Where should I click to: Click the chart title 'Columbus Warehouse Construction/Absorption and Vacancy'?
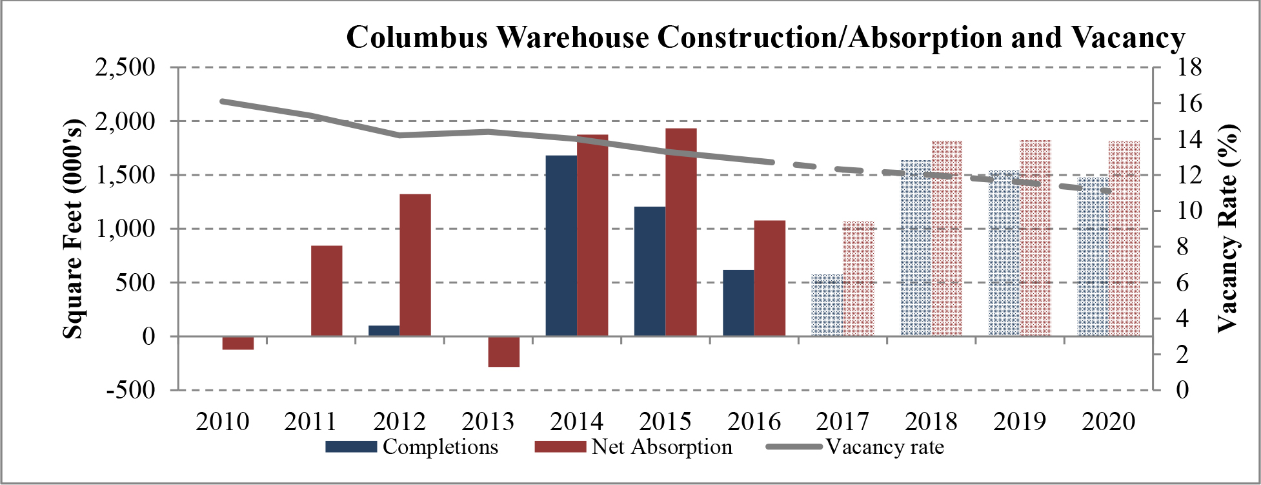[765, 37]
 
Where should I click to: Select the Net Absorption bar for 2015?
[681, 232]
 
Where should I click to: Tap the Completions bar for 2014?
[561, 245]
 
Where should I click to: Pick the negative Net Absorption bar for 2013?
[503, 351]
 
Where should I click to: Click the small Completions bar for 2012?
[384, 330]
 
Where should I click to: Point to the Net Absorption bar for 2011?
[327, 291]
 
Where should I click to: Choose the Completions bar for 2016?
[738, 303]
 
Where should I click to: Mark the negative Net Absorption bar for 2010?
[237, 343]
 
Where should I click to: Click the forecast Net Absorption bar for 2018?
[947, 238]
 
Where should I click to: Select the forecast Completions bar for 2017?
[827, 305]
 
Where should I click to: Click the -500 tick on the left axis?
[131, 390]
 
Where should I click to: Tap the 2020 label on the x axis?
[1108, 422]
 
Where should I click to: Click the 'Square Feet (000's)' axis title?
[74, 229]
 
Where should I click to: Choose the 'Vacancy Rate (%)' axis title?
[1228, 229]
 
